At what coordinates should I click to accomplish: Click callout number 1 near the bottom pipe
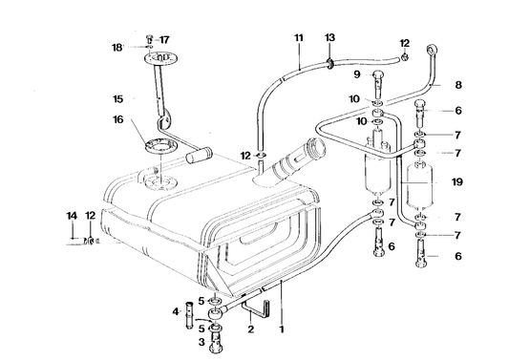coord(281,330)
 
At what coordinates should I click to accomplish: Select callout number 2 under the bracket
coord(250,330)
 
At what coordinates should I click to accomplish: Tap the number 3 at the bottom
coord(201,341)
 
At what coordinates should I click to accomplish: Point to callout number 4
coord(176,310)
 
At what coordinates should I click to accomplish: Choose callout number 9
coord(357,74)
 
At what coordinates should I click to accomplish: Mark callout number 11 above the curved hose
coord(298,37)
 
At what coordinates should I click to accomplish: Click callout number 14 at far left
coord(72,217)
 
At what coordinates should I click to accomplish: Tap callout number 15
coord(118,98)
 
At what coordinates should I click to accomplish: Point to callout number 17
coord(163,39)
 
